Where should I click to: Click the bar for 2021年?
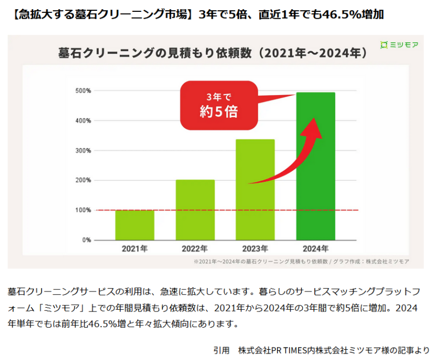134,225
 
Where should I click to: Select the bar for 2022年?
195,209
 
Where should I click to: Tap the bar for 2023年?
255,189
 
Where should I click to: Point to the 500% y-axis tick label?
83,91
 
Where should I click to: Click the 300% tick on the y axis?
83,150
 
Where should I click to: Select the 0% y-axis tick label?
86,240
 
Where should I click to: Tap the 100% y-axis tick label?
83,210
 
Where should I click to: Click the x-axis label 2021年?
134,249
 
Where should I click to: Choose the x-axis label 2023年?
255,249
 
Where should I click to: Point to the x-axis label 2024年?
315,249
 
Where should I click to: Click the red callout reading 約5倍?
219,105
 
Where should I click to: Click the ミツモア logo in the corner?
399,44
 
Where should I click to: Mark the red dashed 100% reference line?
216,210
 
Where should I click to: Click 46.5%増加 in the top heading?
351,14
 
